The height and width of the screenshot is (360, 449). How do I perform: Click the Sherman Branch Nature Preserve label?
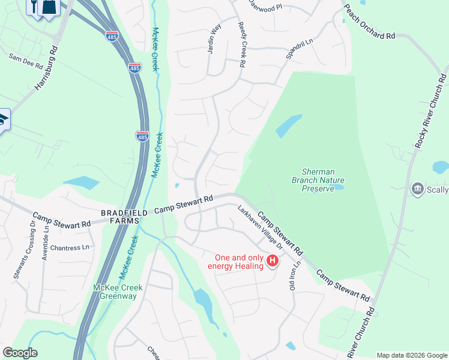317,179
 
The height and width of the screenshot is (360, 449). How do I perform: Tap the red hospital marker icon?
273,260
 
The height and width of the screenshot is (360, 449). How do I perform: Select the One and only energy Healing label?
236,261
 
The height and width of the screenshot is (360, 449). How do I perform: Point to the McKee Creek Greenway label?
118,292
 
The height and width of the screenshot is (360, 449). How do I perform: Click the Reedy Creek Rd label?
242,45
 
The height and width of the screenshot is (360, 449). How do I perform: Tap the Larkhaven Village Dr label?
261,227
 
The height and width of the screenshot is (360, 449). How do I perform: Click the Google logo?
20,353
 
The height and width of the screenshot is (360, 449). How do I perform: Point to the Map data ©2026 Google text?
412,355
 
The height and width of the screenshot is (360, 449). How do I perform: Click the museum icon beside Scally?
417,190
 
